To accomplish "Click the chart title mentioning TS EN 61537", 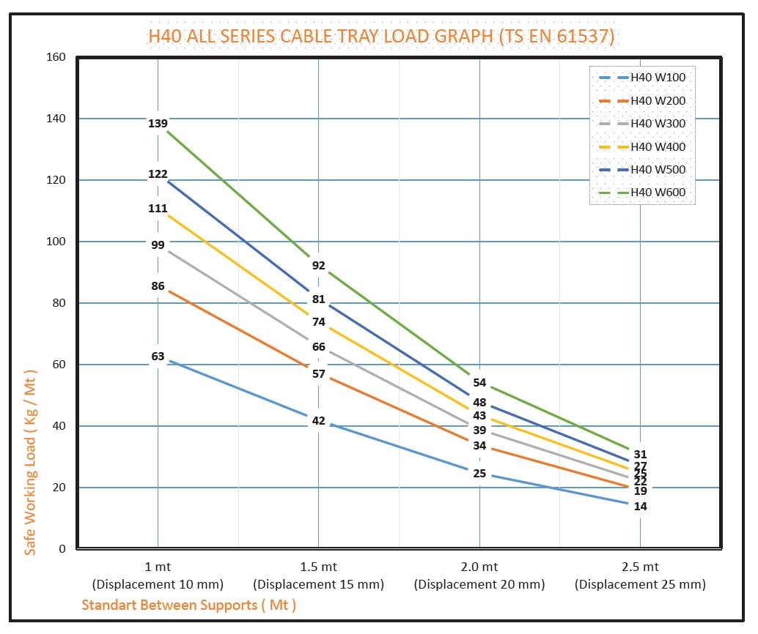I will (381, 36).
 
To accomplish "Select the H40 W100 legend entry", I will (658, 77).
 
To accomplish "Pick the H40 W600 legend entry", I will (658, 193).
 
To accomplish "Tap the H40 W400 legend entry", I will (658, 147).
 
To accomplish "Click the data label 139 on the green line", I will (158, 124).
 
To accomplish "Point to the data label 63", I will (158, 357).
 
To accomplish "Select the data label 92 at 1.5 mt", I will (318, 266).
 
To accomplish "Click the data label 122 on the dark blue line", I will (158, 174).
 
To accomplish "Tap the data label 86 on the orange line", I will (158, 286).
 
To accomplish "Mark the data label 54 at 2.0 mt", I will (479, 383).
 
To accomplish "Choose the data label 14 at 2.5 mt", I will (640, 507).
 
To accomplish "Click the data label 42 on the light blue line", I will (318, 421).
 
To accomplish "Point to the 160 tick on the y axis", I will (56, 57).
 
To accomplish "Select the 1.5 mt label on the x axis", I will (318, 567).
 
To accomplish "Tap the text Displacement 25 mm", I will (640, 585).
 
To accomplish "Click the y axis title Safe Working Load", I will (30, 462).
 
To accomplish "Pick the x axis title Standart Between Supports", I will (188, 605).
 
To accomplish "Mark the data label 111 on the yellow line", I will (158, 209).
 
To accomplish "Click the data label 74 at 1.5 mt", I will (318, 322).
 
